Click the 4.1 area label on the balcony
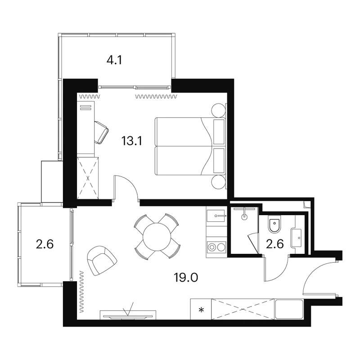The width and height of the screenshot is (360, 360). click(114, 60)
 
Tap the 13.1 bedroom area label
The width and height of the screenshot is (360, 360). click(132, 140)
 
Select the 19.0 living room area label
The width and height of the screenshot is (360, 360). click(186, 277)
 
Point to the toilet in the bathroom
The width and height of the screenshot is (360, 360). click(274, 224)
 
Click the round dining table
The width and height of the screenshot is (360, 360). click(157, 237)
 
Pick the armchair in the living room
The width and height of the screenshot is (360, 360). click(102, 260)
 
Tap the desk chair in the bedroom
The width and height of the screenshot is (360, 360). click(101, 132)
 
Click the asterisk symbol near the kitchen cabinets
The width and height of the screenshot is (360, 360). click(201, 310)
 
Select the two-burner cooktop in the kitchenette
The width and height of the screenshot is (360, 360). click(216, 247)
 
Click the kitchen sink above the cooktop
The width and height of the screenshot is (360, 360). click(216, 216)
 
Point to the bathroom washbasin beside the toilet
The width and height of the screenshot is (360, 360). click(296, 238)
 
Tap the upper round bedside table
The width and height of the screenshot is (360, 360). click(218, 110)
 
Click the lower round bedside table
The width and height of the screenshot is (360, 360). click(218, 182)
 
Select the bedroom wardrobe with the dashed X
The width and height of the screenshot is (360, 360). click(88, 178)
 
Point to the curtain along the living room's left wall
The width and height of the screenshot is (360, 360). click(81, 292)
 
